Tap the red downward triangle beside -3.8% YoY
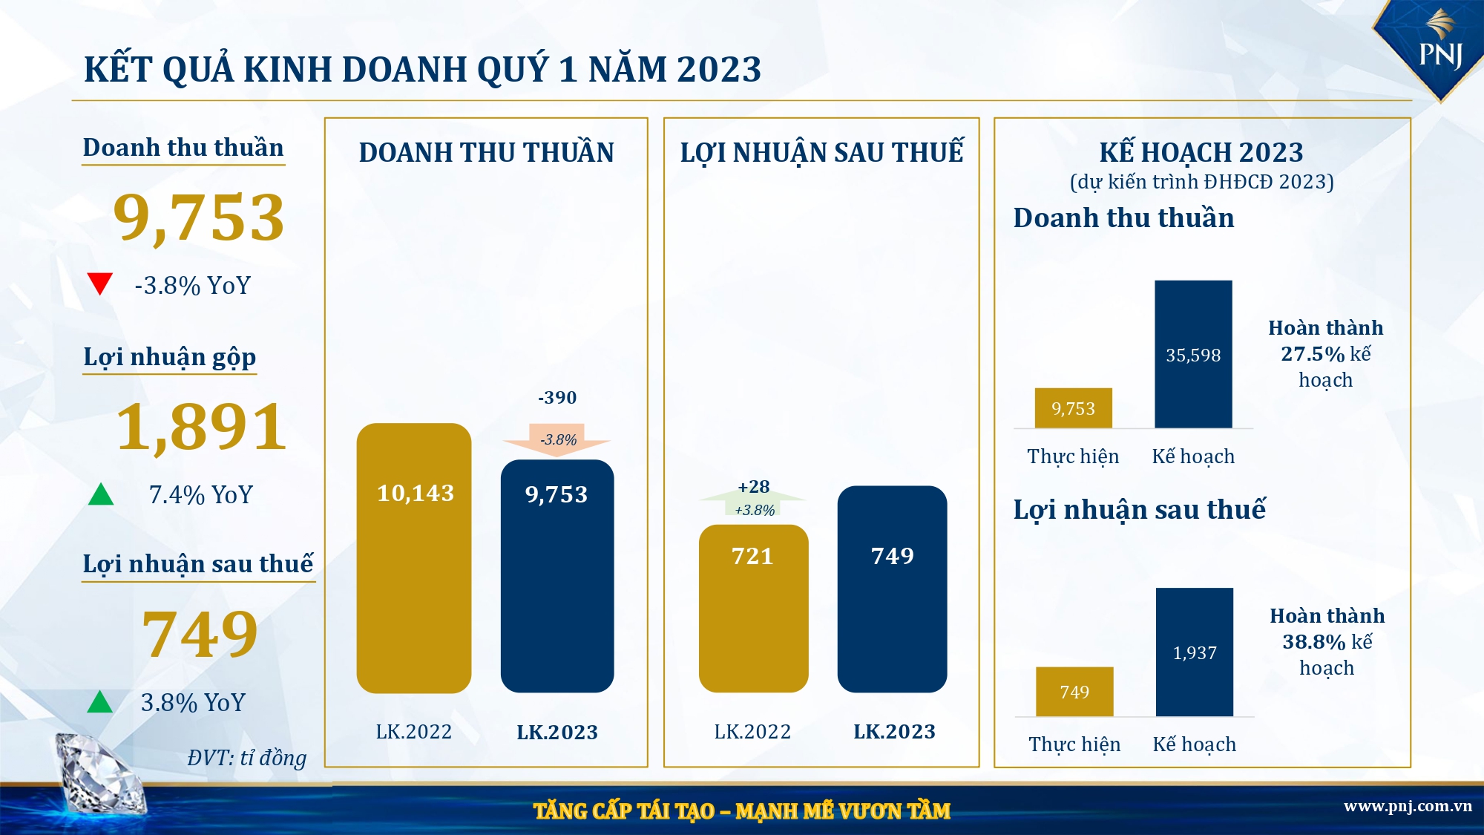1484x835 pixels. pos(99,283)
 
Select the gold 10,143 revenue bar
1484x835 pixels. pos(414,558)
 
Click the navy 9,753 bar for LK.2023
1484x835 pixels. pos(557,576)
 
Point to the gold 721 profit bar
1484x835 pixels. pos(753,609)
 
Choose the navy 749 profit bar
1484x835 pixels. pos(892,589)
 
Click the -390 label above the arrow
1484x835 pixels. pos(557,398)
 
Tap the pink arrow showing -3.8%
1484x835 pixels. pos(557,439)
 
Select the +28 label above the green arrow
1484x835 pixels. pos(753,487)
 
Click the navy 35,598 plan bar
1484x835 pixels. pos(1193,354)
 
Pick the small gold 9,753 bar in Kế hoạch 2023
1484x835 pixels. pos(1073,408)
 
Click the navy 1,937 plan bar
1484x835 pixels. pos(1194,652)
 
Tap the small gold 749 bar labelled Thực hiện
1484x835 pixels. pos(1074,692)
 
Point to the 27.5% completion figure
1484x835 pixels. pos(1313,354)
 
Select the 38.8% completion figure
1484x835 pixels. pos(1314,642)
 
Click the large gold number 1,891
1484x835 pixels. pos(201,427)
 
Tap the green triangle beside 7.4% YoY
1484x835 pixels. pos(101,494)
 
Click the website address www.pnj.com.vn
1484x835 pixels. pos(1408,806)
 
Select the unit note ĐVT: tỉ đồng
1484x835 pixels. pos(247,758)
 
